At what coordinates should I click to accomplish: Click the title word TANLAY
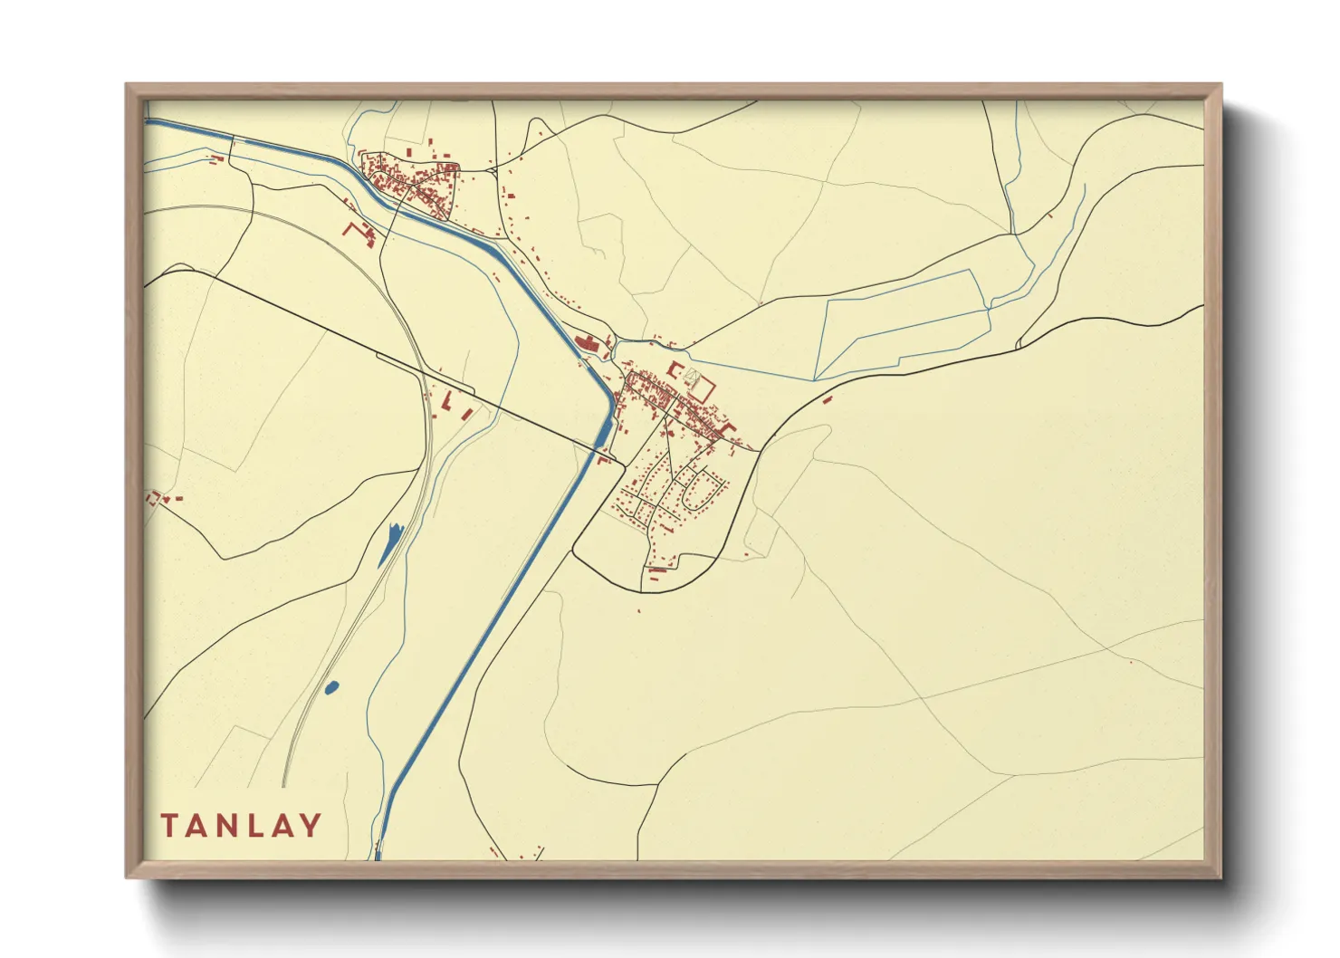[241, 825]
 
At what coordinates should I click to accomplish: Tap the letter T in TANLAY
[169, 825]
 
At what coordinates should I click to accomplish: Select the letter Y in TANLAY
[311, 825]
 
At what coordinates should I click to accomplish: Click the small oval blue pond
[331, 687]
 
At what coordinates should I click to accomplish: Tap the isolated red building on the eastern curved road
[827, 398]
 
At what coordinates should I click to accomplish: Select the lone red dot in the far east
[1131, 662]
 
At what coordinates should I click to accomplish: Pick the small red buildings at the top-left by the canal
[215, 159]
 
